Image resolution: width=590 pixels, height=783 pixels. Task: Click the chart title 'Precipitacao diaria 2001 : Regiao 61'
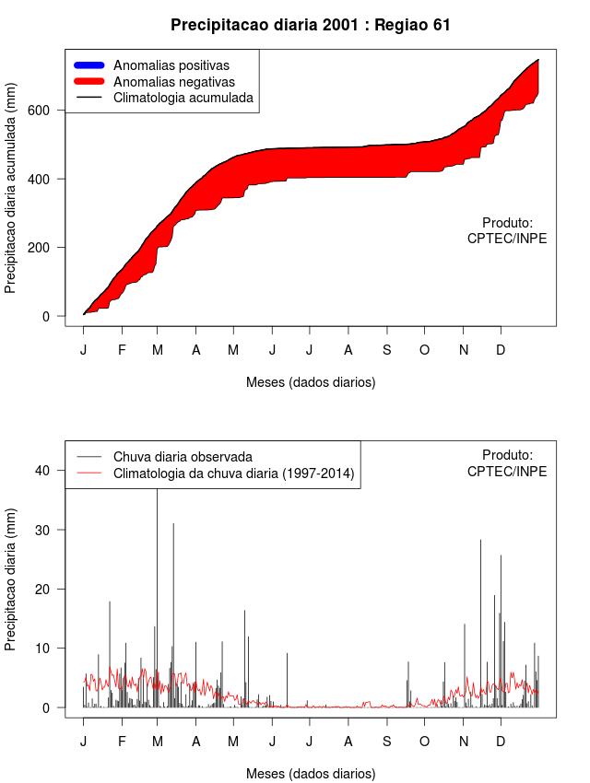pyautogui.click(x=311, y=25)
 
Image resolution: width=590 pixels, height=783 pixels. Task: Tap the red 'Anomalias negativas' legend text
pyautogui.click(x=174, y=82)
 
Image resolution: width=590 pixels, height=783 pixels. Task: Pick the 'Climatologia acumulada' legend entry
pyautogui.click(x=183, y=98)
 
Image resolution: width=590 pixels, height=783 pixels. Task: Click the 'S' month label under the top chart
pyautogui.click(x=387, y=350)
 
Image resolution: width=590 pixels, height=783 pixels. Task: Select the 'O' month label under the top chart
pyautogui.click(x=425, y=350)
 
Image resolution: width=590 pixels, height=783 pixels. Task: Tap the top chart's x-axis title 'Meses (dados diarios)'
pyautogui.click(x=311, y=382)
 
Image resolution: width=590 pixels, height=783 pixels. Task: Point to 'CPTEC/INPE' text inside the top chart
pyautogui.click(x=507, y=239)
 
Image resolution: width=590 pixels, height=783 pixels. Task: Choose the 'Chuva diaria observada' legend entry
pyautogui.click(x=183, y=457)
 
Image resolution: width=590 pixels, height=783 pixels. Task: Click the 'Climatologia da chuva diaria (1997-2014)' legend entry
pyautogui.click(x=234, y=474)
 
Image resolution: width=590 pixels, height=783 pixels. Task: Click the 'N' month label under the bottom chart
pyautogui.click(x=464, y=742)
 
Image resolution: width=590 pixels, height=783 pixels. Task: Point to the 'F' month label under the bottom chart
pyautogui.click(x=122, y=742)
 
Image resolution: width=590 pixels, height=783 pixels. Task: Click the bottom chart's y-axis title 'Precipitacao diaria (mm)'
pyautogui.click(x=11, y=579)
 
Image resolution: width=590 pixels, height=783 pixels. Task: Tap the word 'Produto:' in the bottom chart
pyautogui.click(x=507, y=455)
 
